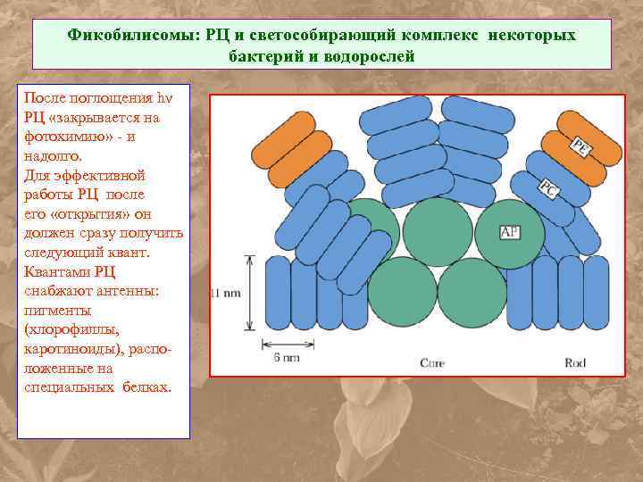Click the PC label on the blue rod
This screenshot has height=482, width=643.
pos(547,188)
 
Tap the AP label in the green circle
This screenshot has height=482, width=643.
pos(510,232)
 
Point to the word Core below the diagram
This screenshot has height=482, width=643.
pos(433,361)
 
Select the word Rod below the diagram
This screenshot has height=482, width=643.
pos(576,361)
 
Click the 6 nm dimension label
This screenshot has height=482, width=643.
pos(286,357)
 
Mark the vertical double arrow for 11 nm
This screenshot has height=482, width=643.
pos(251,292)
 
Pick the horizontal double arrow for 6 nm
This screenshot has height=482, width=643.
pos(286,344)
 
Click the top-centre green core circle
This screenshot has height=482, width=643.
pos(438,231)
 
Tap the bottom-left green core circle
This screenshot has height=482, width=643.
pos(402,293)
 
